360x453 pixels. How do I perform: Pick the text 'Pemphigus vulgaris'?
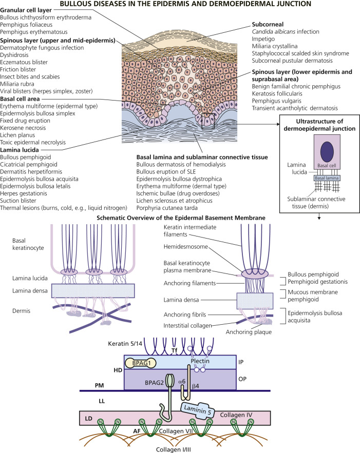click(x=280, y=101)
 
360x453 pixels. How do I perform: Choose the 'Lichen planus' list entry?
click(x=22, y=120)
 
